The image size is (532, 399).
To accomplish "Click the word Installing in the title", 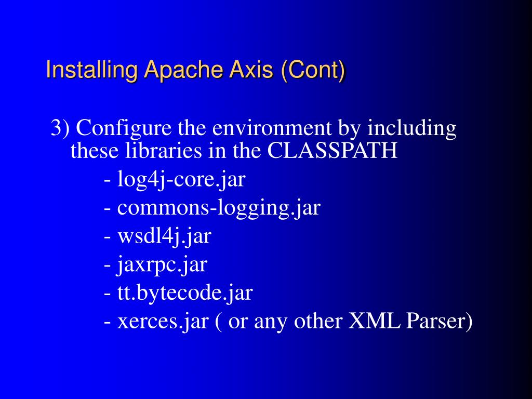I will [92, 70].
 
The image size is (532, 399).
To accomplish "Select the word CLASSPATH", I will [332, 151].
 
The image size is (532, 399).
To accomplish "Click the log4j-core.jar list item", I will [181, 180].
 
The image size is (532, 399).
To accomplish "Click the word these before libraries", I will [95, 151].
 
